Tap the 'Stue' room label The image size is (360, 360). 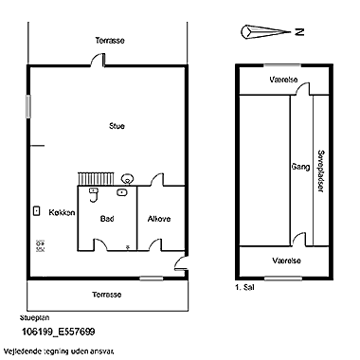(x=117, y=125)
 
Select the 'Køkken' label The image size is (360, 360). (x=62, y=213)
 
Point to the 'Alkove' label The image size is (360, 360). (x=159, y=219)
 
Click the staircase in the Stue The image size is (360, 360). (x=95, y=177)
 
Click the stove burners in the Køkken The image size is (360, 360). (x=40, y=244)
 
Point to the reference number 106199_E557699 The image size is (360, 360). (x=58, y=333)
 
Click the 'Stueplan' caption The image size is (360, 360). (x=35, y=318)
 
